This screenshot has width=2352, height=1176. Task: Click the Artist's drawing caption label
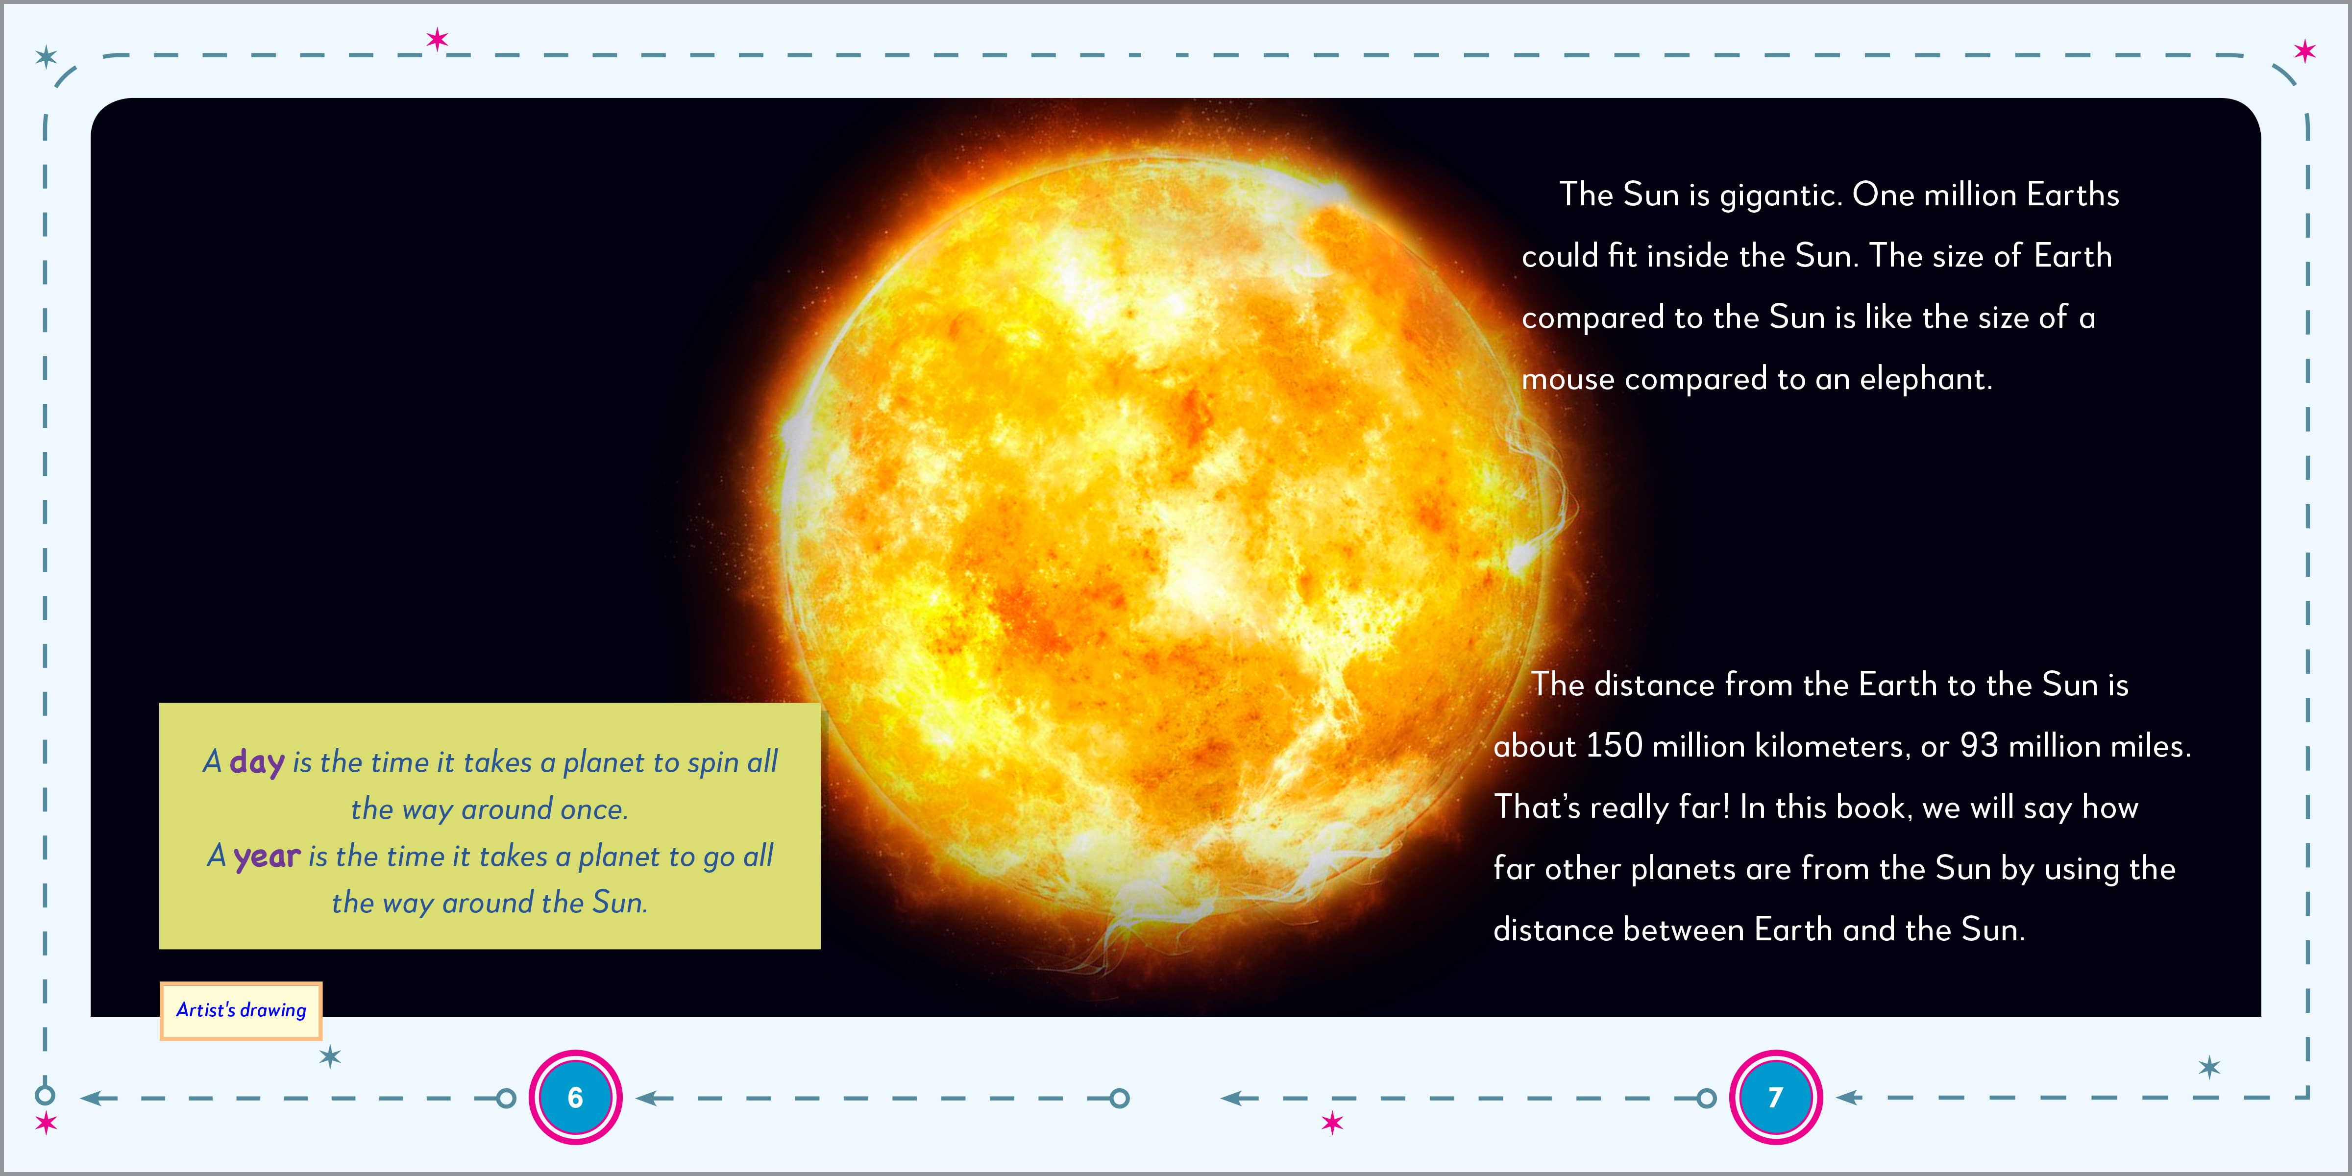[x=241, y=1010]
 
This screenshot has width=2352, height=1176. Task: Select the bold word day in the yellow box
[x=257, y=761]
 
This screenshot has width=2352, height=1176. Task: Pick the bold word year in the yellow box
[x=267, y=857]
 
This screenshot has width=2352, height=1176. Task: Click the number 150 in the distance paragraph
[x=1614, y=746]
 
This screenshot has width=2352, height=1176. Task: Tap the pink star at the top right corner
[x=2304, y=51]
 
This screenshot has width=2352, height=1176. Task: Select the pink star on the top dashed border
[x=438, y=39]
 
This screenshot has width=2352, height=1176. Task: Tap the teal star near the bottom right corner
[x=2208, y=1066]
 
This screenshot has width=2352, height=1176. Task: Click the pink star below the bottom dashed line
[x=1332, y=1122]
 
